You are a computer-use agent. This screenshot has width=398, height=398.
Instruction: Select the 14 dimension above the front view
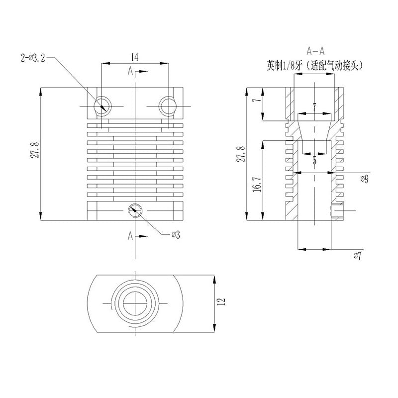tap(134, 57)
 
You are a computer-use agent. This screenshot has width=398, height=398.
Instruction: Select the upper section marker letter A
tap(130, 72)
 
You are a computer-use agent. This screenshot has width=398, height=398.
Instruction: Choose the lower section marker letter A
tap(130, 235)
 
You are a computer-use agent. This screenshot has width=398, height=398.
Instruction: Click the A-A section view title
tap(315, 51)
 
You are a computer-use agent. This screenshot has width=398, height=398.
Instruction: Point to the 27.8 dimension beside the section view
tap(241, 154)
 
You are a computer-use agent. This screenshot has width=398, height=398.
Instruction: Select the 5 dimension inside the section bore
tap(314, 161)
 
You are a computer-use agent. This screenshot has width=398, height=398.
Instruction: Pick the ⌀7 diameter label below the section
tap(357, 256)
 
